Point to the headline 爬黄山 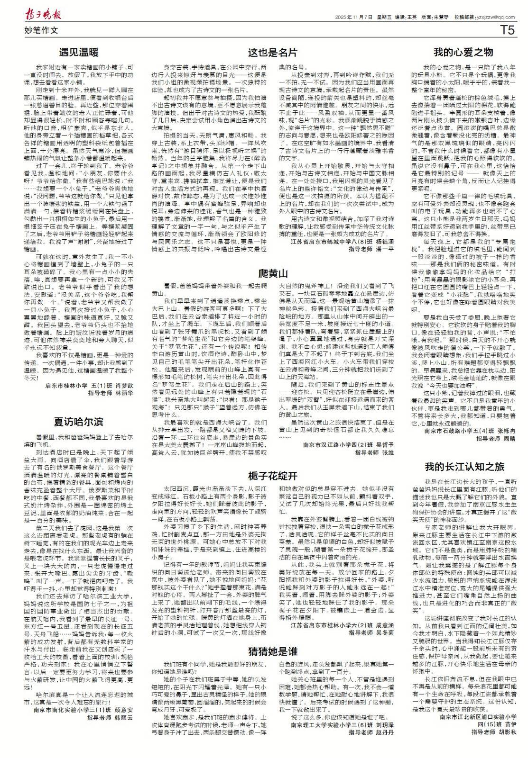pyautogui.click(x=273, y=273)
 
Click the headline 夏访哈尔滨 pyautogui.click(x=79, y=421)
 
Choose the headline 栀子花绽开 pyautogui.click(x=273, y=475)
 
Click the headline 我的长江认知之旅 pyautogui.click(x=464, y=467)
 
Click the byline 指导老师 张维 pyautogui.click(x=375, y=452)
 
